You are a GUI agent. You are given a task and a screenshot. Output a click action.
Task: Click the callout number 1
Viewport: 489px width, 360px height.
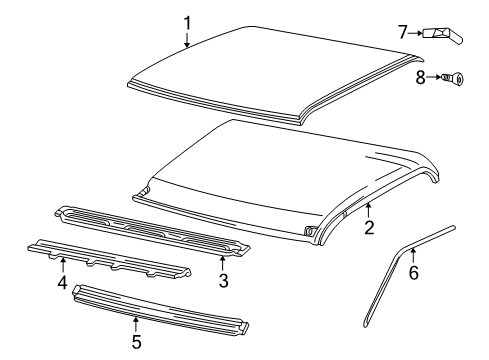click(187, 21)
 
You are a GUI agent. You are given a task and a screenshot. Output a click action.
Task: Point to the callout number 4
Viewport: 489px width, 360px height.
click(62, 283)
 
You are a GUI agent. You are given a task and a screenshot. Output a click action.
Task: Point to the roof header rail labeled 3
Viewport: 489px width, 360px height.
click(150, 232)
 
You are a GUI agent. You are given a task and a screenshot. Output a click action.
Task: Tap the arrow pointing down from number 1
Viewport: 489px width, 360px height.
click(187, 39)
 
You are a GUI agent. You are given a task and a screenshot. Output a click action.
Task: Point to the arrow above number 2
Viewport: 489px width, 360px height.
click(368, 211)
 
